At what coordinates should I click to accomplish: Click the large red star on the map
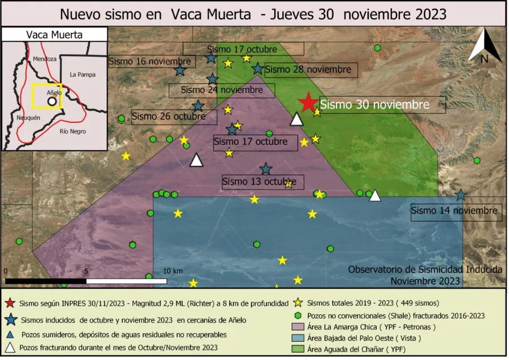[x=308, y=102]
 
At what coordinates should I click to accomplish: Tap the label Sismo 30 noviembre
[x=374, y=105]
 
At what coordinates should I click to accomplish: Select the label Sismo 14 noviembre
[x=456, y=211]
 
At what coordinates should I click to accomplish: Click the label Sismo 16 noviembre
[x=150, y=61]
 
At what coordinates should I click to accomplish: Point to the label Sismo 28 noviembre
[x=308, y=70]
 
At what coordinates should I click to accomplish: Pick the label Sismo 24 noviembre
[x=221, y=89]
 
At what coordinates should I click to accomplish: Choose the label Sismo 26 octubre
[x=174, y=117]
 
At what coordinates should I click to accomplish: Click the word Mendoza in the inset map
[x=45, y=59]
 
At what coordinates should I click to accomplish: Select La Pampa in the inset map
[x=83, y=74]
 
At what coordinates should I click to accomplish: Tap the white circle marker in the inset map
[x=52, y=101]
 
